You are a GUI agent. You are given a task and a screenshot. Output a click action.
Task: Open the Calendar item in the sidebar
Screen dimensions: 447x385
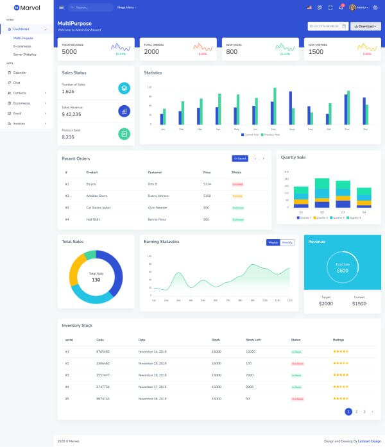point(20,72)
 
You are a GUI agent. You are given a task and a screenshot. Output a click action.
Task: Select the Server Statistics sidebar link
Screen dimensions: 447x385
point(25,54)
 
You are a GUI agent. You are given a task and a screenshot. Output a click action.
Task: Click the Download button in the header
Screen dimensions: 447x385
point(365,26)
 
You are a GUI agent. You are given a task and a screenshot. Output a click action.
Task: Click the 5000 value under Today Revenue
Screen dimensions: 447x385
point(69,52)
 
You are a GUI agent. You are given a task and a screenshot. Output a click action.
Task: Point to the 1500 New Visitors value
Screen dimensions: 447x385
point(316,52)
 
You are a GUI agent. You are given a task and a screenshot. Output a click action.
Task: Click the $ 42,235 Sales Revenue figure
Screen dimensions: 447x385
point(72,114)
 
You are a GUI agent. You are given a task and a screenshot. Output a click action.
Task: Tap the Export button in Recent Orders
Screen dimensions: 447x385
point(240,158)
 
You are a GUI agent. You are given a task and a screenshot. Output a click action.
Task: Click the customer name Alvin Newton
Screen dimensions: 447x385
point(158,207)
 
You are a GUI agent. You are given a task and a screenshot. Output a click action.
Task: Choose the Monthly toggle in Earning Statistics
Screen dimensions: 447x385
point(287,242)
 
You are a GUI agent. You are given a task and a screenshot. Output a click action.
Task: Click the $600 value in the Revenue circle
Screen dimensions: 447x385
point(343,271)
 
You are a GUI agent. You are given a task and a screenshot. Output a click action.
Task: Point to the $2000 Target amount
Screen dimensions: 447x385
point(326,303)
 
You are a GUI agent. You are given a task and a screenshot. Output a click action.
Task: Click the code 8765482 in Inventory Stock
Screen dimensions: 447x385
point(103,351)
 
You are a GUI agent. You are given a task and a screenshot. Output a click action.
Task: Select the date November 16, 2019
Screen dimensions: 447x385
point(152,375)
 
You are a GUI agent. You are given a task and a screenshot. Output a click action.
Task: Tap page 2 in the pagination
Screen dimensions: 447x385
point(356,411)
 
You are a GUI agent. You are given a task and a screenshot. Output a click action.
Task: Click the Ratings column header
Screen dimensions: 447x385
point(339,339)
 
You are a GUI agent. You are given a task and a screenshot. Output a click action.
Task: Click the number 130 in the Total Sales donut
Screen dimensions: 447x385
point(96,280)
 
